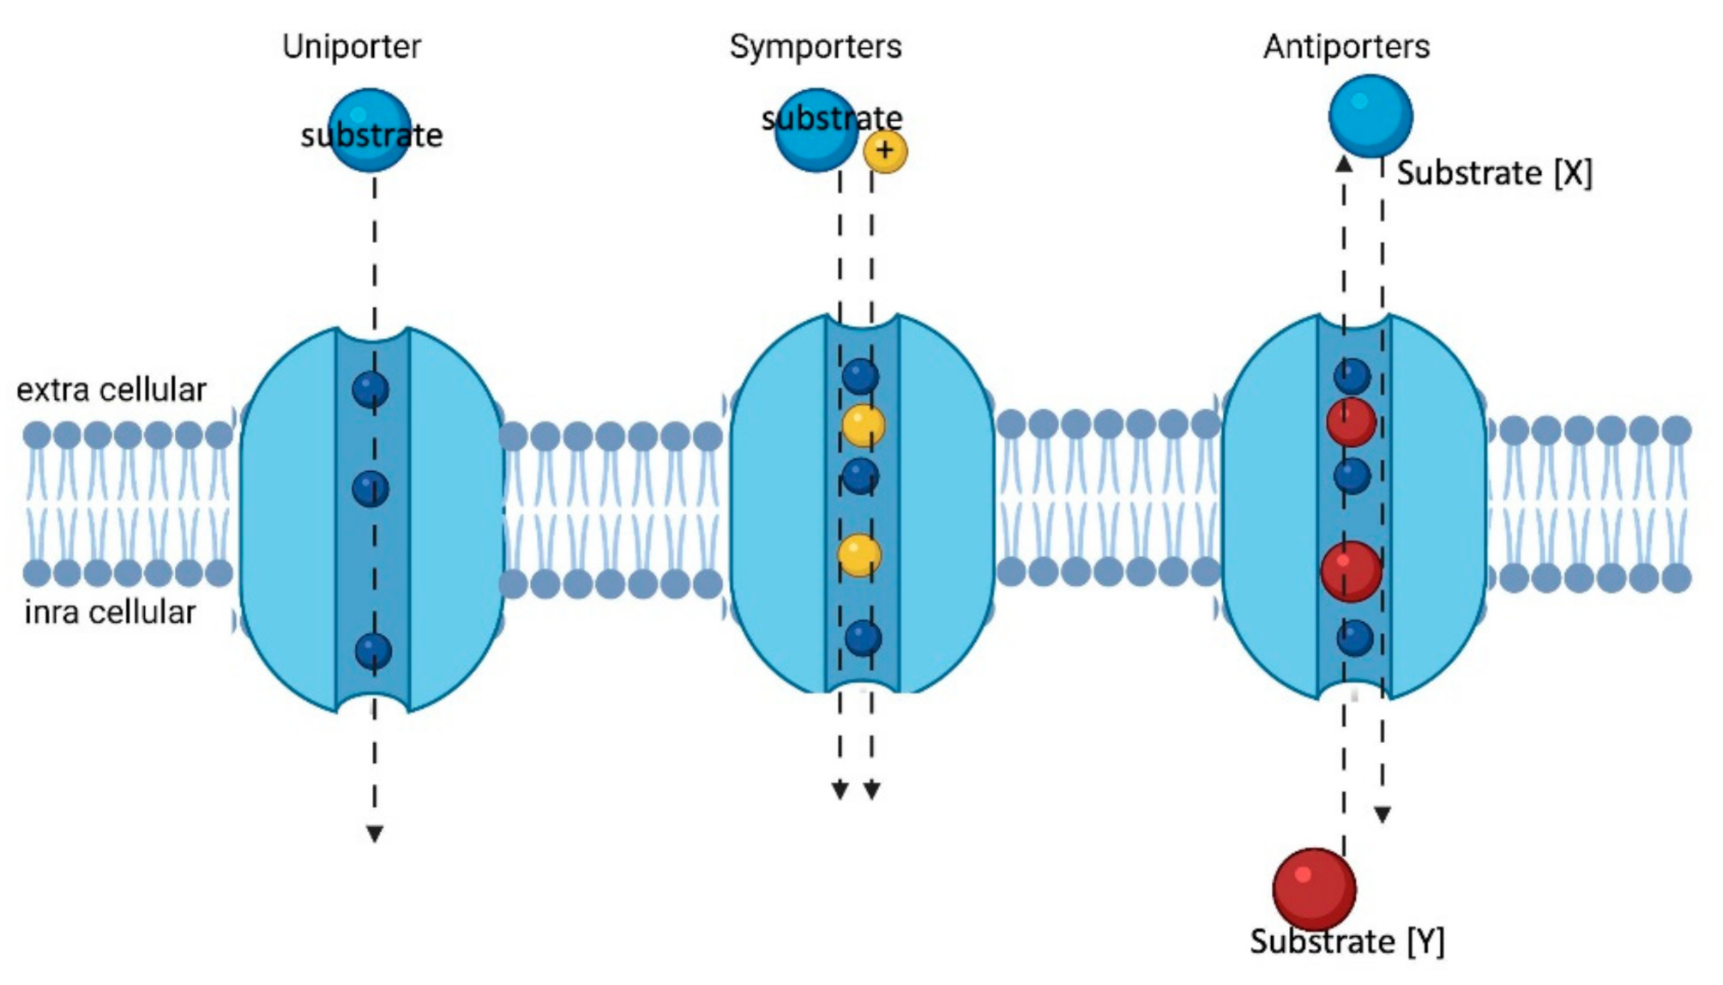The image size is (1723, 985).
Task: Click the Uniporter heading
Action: click(352, 46)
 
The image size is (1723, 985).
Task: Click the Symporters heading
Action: click(815, 46)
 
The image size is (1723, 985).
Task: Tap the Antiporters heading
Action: click(1346, 46)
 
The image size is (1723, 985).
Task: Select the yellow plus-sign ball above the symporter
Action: click(885, 152)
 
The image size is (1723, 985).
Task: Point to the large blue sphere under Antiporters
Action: click(1370, 116)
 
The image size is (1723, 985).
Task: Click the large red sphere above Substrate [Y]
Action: click(1313, 888)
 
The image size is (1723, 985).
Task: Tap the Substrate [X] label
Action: click(1494, 173)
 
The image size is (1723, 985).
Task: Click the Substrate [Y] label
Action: click(1346, 942)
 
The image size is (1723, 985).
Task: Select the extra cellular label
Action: click(111, 390)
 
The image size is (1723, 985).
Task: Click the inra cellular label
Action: click(110, 613)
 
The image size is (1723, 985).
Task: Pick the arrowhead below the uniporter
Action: click(375, 833)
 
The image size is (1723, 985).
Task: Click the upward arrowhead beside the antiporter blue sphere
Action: click(1344, 164)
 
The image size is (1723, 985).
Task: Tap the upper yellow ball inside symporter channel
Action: click(863, 426)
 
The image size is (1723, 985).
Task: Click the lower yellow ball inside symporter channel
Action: click(859, 555)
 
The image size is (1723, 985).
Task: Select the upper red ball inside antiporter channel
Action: click(1351, 422)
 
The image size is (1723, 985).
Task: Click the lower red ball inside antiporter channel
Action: click(1351, 571)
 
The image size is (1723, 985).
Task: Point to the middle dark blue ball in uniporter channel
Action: click(371, 489)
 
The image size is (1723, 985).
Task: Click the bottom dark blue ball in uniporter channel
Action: click(373, 651)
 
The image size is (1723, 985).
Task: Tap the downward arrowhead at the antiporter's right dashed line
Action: click(1383, 814)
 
